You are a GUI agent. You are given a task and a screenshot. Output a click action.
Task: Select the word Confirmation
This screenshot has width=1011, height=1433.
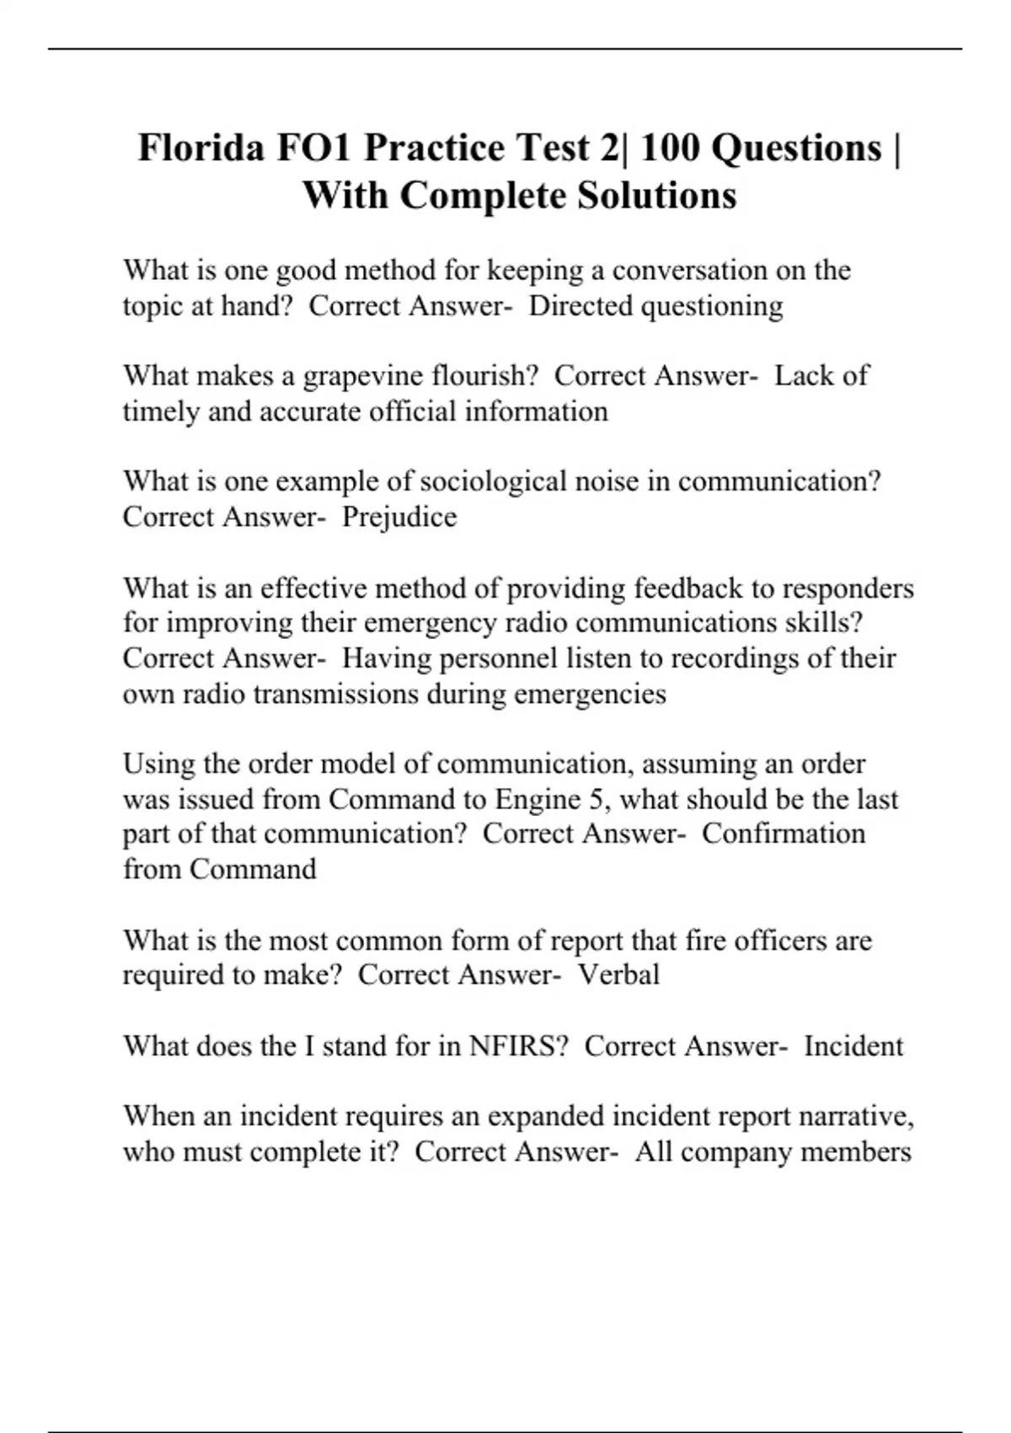pos(784,834)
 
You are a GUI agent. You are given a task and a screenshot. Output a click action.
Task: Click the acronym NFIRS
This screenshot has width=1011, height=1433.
pos(513,1046)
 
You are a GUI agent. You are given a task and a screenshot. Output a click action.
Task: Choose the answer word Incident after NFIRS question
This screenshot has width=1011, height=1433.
pos(853,1046)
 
